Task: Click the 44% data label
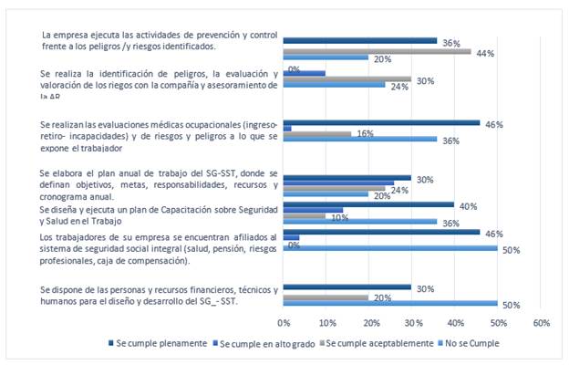pos(484,53)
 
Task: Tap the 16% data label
pos(365,133)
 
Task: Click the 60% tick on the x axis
pos(541,323)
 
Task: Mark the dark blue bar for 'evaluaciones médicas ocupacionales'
pos(381,122)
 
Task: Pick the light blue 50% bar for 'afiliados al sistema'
pos(390,248)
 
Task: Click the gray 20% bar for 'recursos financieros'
pos(326,297)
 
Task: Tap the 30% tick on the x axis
pos(412,323)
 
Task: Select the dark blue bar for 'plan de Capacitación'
pos(368,204)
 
